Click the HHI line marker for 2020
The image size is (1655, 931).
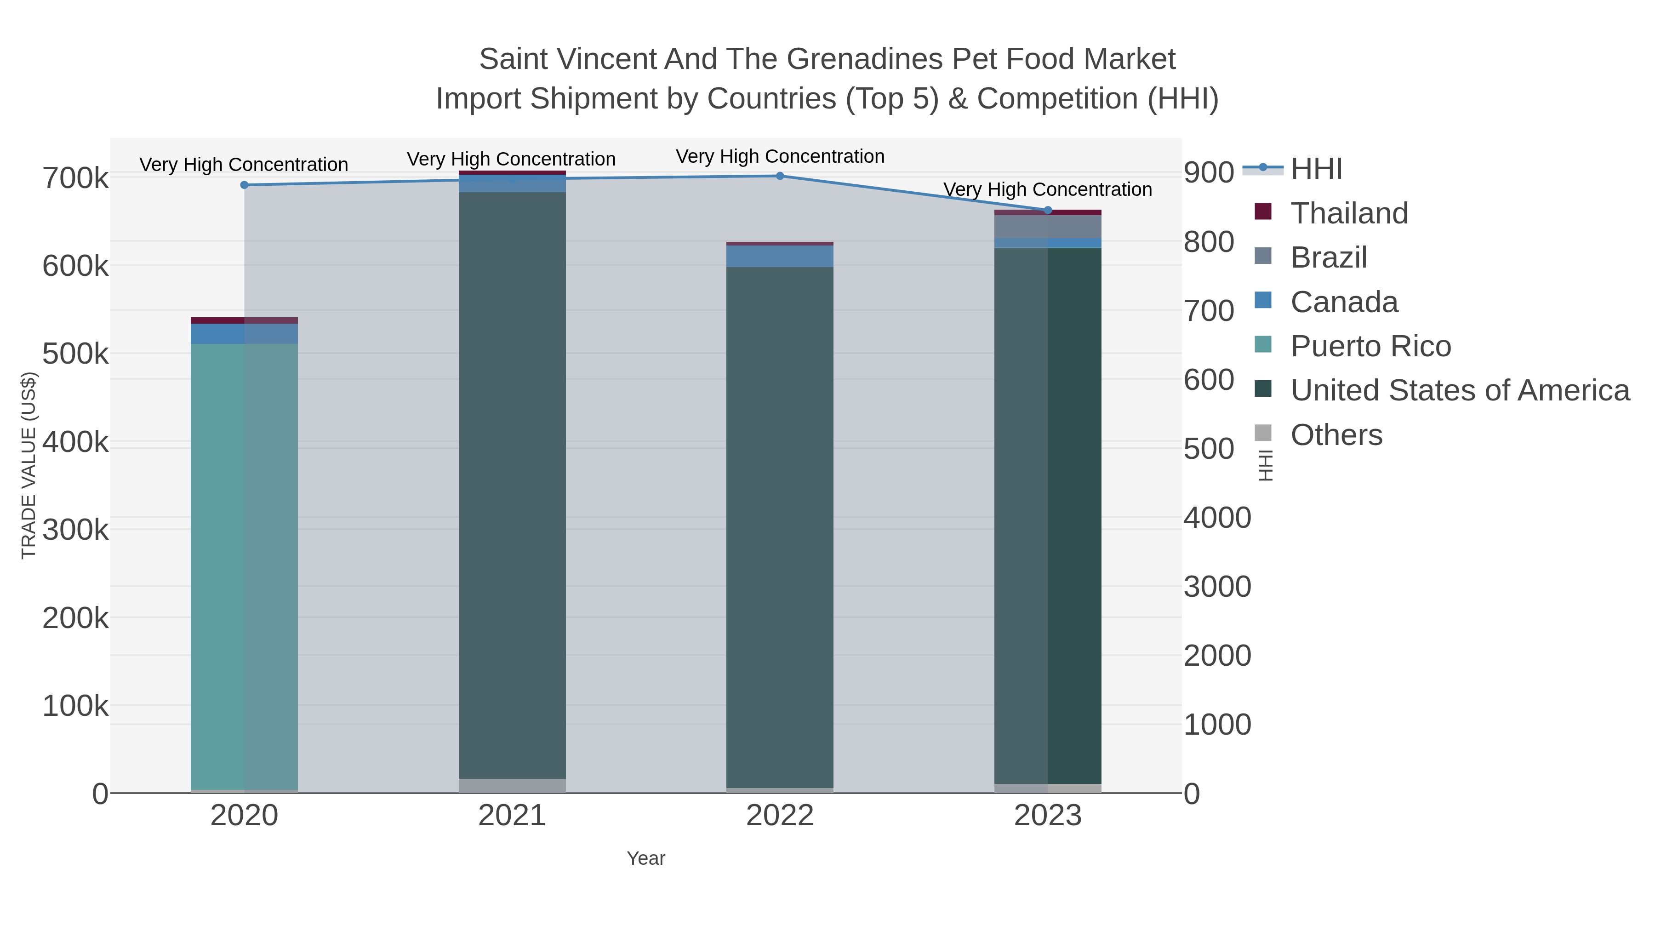click(x=244, y=185)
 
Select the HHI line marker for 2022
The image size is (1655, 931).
click(x=780, y=176)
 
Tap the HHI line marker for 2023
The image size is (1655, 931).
click(x=1048, y=210)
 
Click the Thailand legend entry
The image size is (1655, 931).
click(x=1349, y=213)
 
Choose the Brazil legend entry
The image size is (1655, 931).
click(x=1329, y=257)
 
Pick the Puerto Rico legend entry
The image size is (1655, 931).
click(x=1370, y=346)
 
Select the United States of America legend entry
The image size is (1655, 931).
click(x=1460, y=391)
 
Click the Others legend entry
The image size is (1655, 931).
click(x=1336, y=435)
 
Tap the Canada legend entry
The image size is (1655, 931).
click(x=1344, y=302)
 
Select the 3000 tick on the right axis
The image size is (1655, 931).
click(x=1217, y=587)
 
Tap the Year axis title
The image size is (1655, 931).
click(x=646, y=858)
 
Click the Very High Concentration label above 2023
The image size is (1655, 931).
click(x=1047, y=189)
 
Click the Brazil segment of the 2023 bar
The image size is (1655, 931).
click(x=1048, y=227)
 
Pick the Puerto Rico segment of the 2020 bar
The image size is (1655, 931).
click(x=244, y=565)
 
